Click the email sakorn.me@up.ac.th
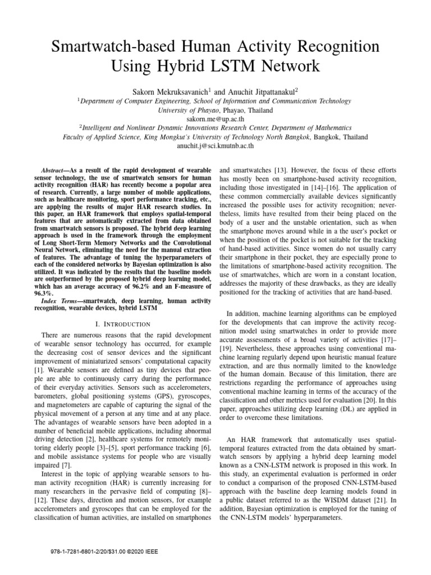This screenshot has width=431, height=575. click(x=215, y=119)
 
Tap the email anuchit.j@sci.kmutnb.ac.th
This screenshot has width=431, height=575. click(x=215, y=145)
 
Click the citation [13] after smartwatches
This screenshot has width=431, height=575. click(x=277, y=170)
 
